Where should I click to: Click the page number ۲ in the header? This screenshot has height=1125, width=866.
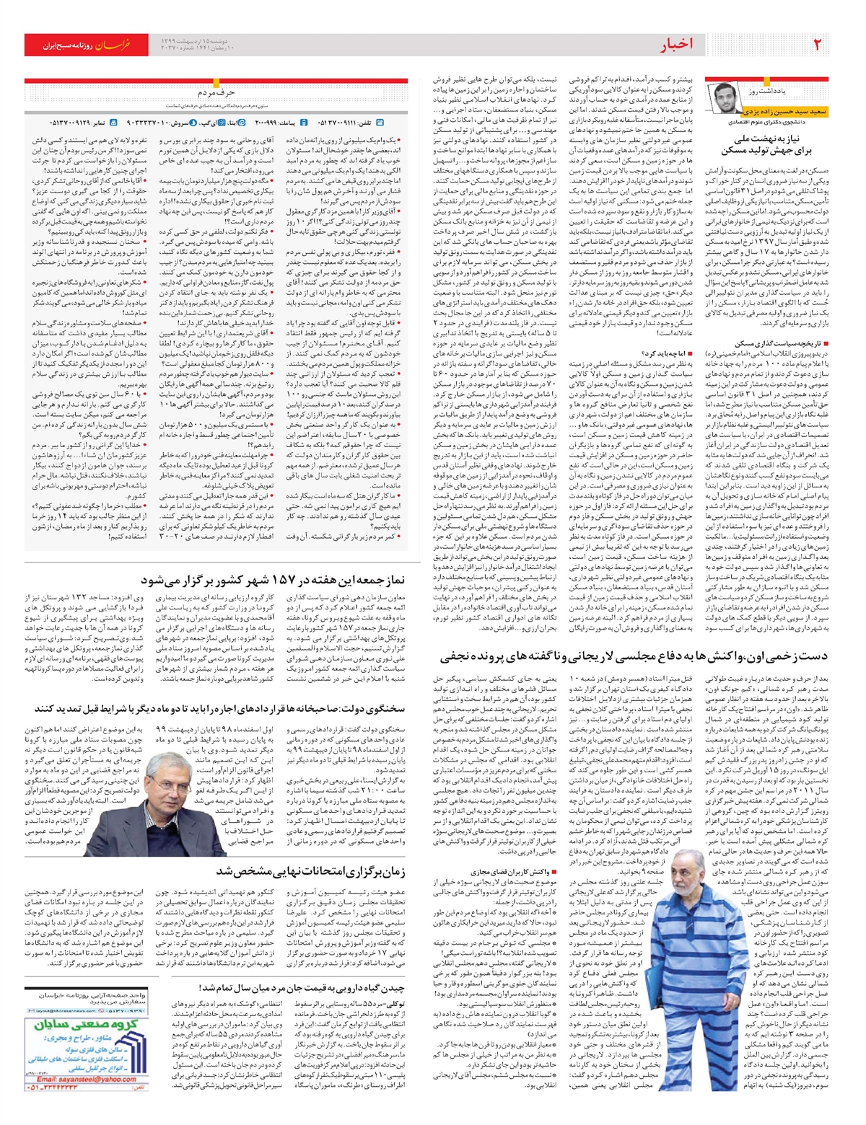pyautogui.click(x=818, y=45)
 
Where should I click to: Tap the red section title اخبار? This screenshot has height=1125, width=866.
pyautogui.click(x=676, y=45)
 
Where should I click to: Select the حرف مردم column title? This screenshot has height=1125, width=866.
pyautogui.click(x=216, y=92)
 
